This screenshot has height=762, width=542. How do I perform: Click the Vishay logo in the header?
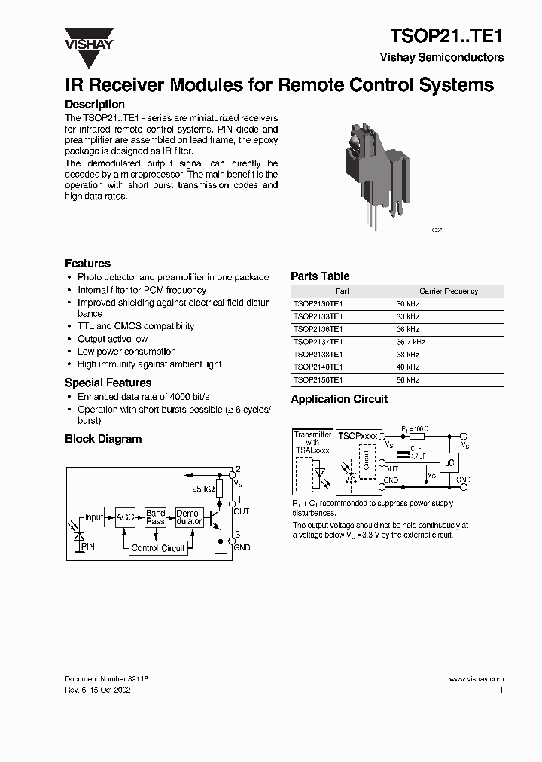88,38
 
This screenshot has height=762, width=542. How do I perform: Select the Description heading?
95,105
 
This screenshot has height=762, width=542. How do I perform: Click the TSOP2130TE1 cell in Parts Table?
318,303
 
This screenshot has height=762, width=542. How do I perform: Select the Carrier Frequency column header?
449,291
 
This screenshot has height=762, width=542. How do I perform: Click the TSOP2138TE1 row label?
318,355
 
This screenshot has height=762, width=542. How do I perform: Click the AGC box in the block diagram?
125,517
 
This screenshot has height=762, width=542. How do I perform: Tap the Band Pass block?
155,517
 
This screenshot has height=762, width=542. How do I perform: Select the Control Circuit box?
157,548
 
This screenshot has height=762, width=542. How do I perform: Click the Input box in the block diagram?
94,517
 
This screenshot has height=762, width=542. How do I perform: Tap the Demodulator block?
188,517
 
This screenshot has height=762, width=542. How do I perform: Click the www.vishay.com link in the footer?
476,679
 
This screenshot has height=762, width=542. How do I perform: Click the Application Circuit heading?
339,399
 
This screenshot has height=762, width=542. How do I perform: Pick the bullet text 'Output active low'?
112,339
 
